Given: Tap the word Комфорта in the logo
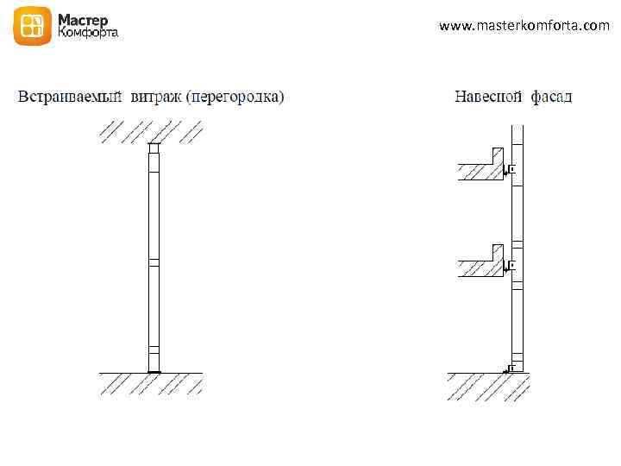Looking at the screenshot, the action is (88, 34).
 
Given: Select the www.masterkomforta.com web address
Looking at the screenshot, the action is (524, 26).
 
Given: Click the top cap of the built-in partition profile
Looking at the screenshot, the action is (154, 148).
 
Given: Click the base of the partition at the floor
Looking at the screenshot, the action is (154, 370).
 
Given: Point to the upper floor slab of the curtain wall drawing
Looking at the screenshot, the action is (479, 172).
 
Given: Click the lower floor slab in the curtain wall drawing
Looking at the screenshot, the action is (479, 268).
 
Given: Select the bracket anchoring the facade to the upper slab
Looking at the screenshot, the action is (510, 170).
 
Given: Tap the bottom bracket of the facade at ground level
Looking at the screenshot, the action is (510, 368).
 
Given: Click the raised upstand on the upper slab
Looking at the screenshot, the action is (497, 156).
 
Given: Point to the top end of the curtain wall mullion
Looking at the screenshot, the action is (517, 129).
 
